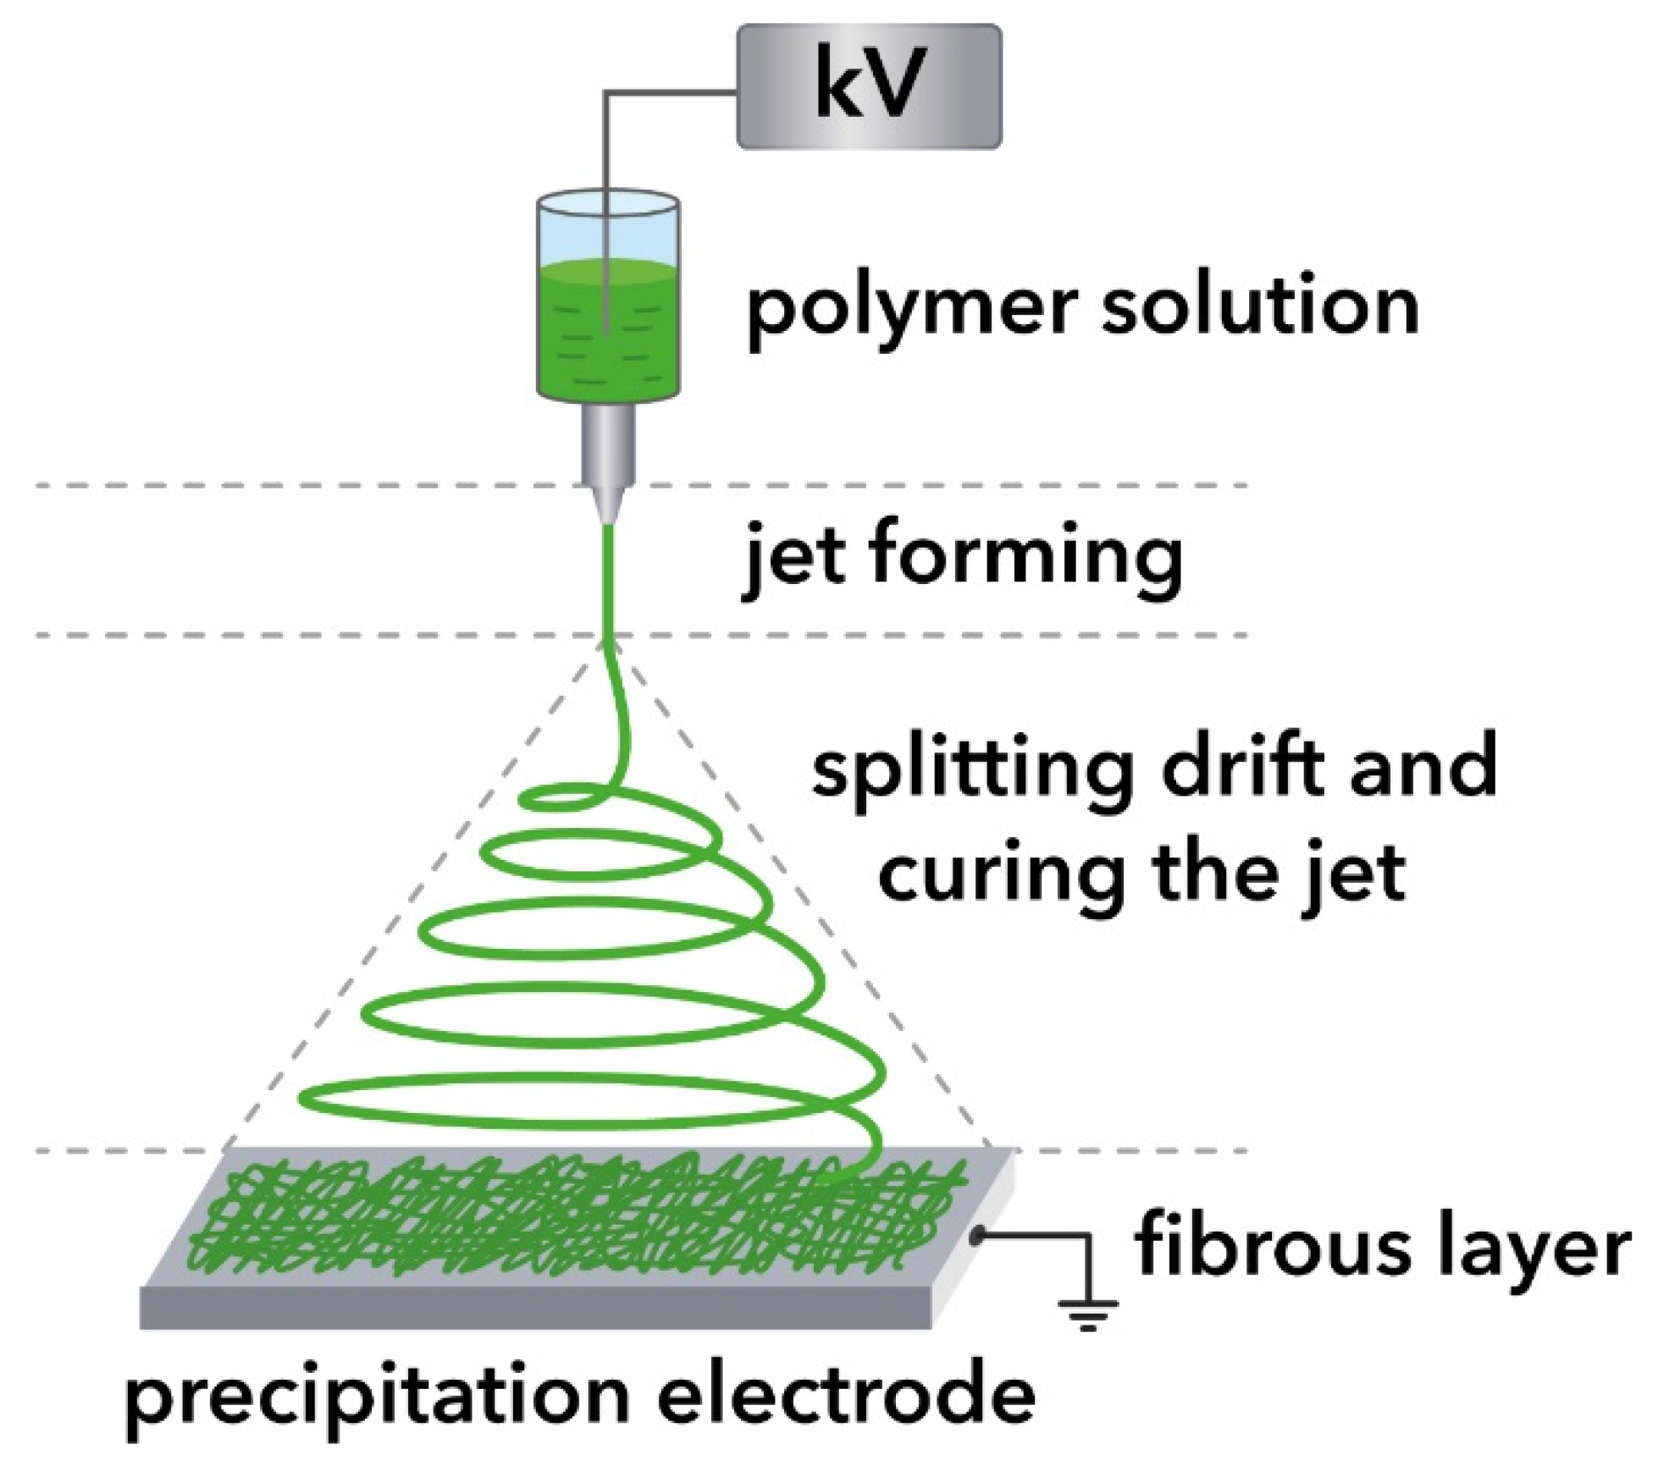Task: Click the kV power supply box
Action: coord(869,86)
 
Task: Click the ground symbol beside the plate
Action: coord(1087,1310)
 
